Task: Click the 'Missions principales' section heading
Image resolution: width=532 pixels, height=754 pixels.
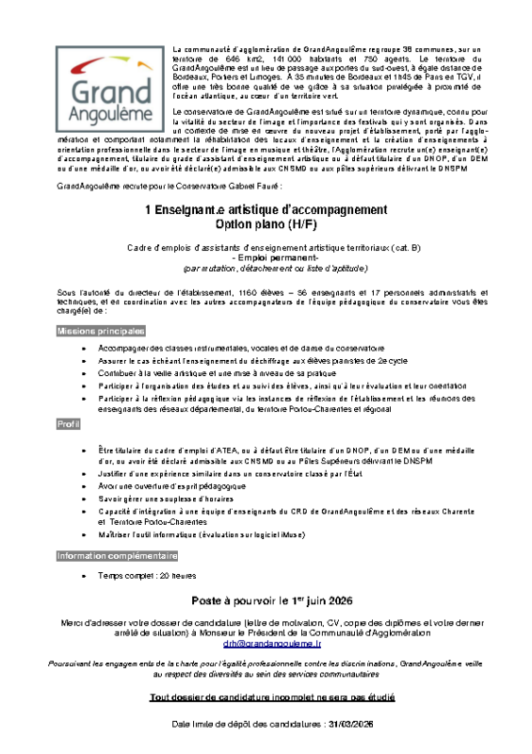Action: [x=101, y=331]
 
